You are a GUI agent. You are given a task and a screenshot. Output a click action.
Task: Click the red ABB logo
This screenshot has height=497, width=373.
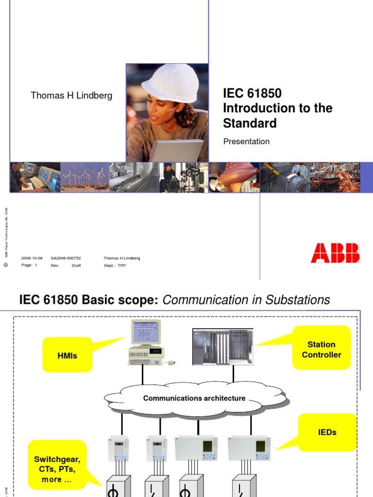[x=335, y=253]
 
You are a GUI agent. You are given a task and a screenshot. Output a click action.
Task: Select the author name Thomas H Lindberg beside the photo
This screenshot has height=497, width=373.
[x=71, y=96]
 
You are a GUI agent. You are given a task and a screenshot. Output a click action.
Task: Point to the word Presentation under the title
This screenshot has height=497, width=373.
[x=246, y=142]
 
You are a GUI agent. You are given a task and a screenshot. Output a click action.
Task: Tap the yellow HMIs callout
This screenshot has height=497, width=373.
[x=67, y=355]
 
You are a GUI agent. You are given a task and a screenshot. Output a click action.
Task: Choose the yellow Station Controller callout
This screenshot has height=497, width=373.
[x=322, y=349]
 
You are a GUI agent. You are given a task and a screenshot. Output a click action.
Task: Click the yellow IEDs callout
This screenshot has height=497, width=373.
[x=327, y=431]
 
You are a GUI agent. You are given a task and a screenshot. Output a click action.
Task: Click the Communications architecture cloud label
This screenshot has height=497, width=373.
[x=194, y=398]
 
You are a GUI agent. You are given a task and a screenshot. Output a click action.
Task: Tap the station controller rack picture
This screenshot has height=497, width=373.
[x=223, y=347]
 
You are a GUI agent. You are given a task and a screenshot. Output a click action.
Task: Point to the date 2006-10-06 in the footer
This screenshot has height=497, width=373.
[x=32, y=258]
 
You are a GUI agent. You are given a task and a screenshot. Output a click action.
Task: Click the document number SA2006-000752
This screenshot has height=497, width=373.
[x=66, y=258]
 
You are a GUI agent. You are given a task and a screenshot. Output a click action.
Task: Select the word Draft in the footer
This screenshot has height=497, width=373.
[x=76, y=265]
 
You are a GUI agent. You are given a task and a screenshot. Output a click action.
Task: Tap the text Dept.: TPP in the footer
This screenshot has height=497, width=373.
[x=115, y=265]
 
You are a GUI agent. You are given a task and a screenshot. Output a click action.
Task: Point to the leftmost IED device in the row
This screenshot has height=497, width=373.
[x=118, y=448]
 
